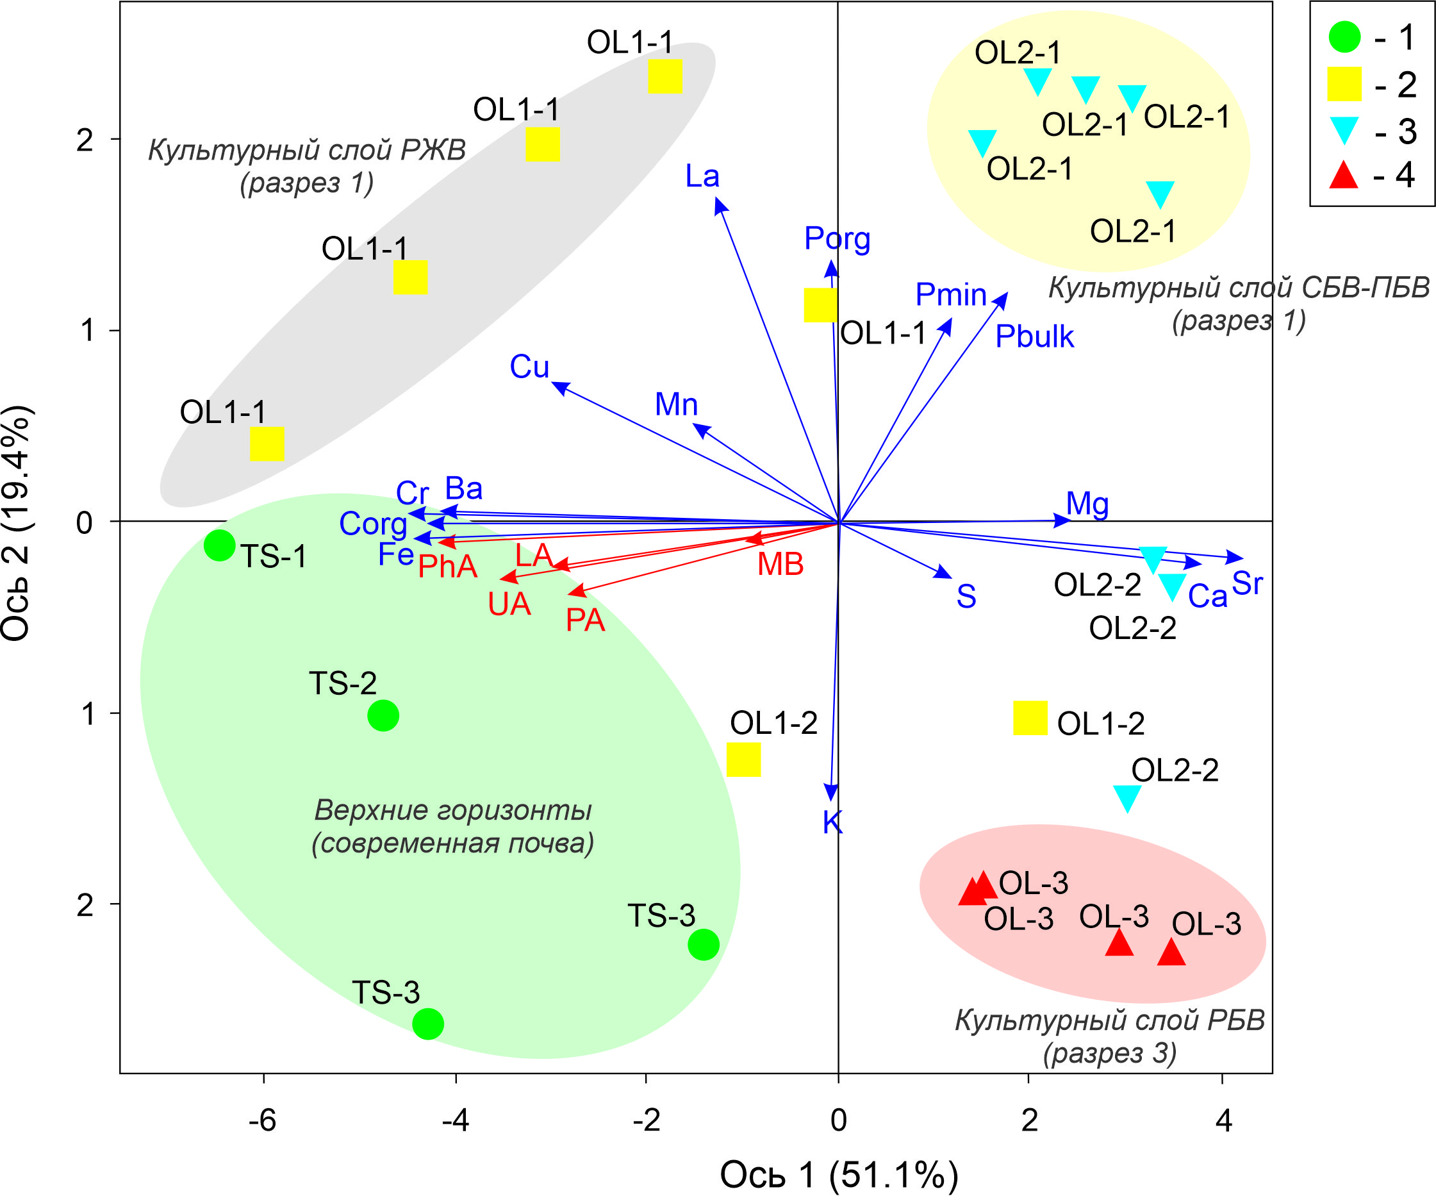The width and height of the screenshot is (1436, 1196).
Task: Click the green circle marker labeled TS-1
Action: tap(220, 545)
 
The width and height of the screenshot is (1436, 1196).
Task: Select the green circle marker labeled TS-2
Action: tap(383, 715)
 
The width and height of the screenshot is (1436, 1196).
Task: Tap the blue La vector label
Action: tap(702, 176)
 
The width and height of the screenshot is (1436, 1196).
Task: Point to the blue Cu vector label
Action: tap(529, 367)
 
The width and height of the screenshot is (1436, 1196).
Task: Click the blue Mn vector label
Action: tap(676, 404)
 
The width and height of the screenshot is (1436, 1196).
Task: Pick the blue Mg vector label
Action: tap(1087, 504)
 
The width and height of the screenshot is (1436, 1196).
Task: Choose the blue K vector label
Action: tap(832, 822)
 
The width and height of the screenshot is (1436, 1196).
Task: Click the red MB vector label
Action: tap(780, 564)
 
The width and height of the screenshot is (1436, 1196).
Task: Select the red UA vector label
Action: tap(509, 604)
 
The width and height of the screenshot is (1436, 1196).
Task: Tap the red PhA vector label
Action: tap(448, 566)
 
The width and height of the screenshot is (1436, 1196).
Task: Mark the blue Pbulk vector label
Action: tap(1034, 336)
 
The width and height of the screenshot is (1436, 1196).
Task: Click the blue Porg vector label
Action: tap(837, 238)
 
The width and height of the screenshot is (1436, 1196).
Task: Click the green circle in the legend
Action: tap(1344, 37)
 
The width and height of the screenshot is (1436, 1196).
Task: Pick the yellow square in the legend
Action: tap(1344, 84)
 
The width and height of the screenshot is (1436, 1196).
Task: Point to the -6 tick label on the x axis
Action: tap(263, 1120)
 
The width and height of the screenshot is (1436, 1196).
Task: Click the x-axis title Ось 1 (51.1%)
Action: tap(839, 1175)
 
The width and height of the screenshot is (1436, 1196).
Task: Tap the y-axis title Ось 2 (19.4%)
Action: tap(17, 522)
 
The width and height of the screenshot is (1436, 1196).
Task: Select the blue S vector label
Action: tap(966, 596)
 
